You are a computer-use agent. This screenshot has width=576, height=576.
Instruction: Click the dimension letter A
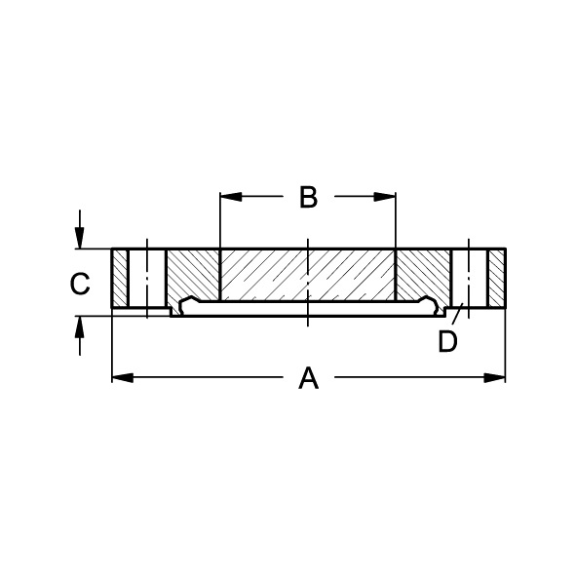[x=308, y=378]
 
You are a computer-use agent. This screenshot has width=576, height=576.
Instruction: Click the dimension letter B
[x=308, y=197]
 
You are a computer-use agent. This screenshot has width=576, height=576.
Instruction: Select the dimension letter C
[x=80, y=284]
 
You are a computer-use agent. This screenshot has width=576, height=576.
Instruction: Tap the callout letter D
[x=447, y=342]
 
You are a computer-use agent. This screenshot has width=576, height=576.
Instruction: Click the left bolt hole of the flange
[x=147, y=281]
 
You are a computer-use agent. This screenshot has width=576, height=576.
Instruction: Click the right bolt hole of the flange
[x=469, y=281]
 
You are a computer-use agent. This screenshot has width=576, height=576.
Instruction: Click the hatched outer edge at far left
[x=120, y=281]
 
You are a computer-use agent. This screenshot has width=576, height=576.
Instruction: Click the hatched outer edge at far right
[x=497, y=281]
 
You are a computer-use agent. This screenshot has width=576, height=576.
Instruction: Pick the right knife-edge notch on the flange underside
[x=427, y=303]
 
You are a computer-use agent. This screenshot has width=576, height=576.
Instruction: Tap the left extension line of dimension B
[x=220, y=219]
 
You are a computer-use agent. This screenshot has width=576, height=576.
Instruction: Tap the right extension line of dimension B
[x=396, y=219]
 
